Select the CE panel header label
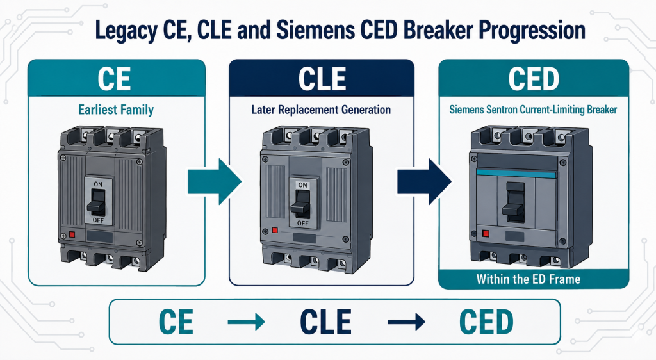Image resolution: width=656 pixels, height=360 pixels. click(114, 79)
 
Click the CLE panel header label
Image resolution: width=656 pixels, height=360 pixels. click(322, 79)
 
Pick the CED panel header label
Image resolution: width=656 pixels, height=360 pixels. click(534, 79)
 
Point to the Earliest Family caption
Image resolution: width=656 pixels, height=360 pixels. click(116, 110)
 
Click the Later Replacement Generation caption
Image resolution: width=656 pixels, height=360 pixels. click(321, 110)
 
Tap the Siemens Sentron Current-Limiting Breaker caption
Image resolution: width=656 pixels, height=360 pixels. click(533, 110)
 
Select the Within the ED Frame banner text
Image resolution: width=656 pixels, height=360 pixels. click(529, 279)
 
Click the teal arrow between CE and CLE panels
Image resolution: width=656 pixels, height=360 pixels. click(214, 181)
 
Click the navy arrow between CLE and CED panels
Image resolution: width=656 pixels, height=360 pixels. click(424, 181)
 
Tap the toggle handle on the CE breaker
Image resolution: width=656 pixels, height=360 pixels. click(97, 202)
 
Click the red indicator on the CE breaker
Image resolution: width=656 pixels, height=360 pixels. click(72, 234)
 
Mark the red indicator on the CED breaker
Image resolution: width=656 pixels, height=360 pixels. click(486, 233)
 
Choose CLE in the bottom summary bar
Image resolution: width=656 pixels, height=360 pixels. click(326, 322)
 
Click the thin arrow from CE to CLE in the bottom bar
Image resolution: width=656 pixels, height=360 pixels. click(246, 322)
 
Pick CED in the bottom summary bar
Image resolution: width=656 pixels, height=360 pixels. click(486, 322)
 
